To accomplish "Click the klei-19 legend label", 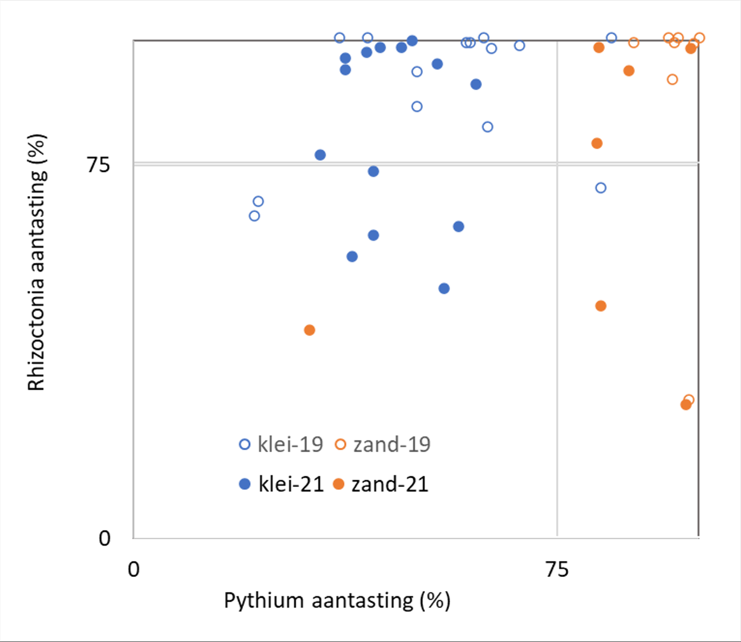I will tap(290, 444).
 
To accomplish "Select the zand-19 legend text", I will tap(392, 444).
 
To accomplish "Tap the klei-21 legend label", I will tap(291, 484).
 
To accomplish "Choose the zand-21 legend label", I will tap(390, 484).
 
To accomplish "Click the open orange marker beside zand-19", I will tap(341, 444).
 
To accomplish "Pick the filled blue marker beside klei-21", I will tap(245, 484).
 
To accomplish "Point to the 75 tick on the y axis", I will tap(98, 165).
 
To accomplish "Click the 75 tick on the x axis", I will tap(557, 569).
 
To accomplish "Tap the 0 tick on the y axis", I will tap(104, 538).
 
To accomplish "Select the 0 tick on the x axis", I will tap(134, 569).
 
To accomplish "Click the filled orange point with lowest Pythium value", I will tap(310, 330).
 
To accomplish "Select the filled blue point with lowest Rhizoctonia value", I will tap(444, 288).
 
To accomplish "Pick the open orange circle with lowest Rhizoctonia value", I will tap(689, 400).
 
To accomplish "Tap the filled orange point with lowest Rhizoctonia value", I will tap(686, 405).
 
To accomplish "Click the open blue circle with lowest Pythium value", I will tap(255, 216).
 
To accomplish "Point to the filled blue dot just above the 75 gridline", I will tap(320, 155).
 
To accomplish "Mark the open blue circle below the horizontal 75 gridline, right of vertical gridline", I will tap(600, 188).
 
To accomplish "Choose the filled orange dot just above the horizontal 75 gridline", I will tap(597, 144).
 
